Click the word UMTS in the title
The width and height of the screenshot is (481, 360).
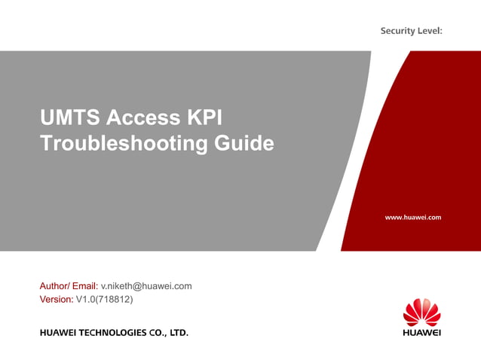click(70, 118)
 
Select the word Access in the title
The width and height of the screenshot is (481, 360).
click(142, 118)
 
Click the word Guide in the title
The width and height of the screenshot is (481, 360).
click(243, 143)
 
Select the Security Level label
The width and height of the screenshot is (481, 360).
click(411, 31)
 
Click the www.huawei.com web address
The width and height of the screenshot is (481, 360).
click(412, 217)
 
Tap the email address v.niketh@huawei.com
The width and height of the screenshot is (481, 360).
click(146, 286)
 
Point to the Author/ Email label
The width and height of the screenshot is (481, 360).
click(69, 286)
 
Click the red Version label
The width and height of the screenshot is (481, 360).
click(56, 300)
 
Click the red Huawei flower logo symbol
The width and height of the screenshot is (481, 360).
click(421, 310)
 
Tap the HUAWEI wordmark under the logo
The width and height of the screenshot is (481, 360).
click(421, 331)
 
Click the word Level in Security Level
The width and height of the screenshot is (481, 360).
click(429, 31)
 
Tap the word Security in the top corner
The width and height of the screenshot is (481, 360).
click(397, 31)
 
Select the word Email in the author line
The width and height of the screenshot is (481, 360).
click(84, 286)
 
